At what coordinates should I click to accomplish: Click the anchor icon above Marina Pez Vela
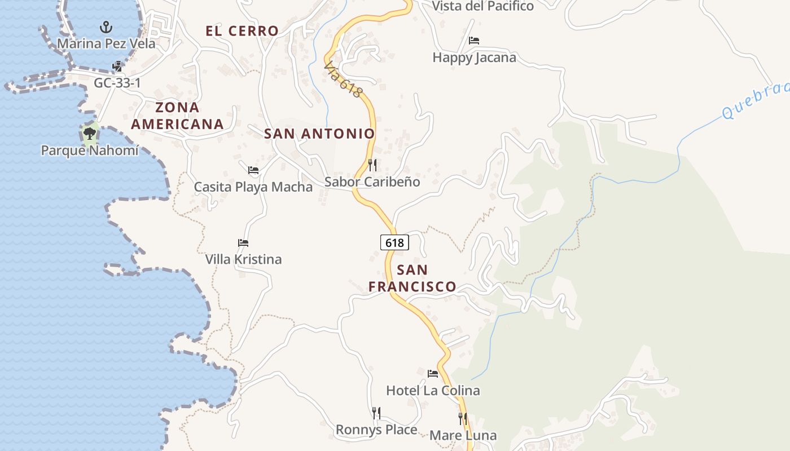[x=106, y=26]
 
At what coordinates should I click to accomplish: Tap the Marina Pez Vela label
[x=106, y=43]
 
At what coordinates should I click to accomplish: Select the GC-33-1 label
[x=117, y=83]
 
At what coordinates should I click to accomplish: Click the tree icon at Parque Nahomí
[x=89, y=134]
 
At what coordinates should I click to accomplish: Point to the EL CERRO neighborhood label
[x=242, y=31]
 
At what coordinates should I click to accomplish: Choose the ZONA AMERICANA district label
[x=177, y=116]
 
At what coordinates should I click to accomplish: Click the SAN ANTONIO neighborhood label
[x=319, y=134]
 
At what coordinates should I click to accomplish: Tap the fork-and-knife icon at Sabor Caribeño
[x=372, y=165]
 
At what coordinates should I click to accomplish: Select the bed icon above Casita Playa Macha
[x=253, y=170]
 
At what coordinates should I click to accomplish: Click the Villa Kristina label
[x=243, y=259]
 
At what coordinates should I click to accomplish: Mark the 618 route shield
[x=394, y=242]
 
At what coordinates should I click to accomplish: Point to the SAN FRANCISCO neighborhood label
[x=412, y=278]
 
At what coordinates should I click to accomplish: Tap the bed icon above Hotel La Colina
[x=433, y=373]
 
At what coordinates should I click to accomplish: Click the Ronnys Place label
[x=376, y=430]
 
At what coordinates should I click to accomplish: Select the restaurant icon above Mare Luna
[x=463, y=418]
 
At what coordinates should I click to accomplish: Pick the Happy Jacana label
[x=474, y=58]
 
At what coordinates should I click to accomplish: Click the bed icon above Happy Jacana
[x=474, y=41]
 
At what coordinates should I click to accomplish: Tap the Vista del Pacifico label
[x=482, y=6]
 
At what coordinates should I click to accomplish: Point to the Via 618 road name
[x=343, y=80]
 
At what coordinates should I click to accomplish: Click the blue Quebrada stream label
[x=756, y=100]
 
